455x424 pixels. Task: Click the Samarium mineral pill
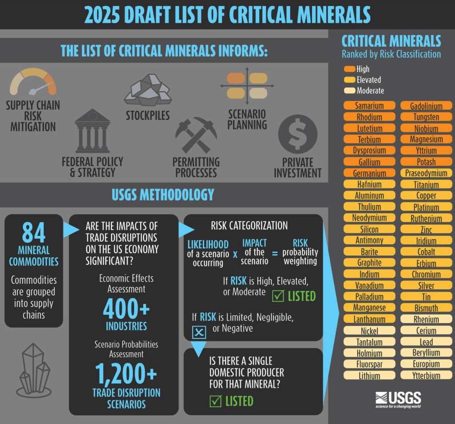coord(369,105)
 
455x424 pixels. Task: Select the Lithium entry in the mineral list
coord(369,376)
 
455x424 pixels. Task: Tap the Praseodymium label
coord(426,173)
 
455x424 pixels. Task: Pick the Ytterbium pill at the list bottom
coord(426,376)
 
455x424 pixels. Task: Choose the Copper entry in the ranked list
coord(426,196)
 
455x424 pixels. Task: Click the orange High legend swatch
coord(349,69)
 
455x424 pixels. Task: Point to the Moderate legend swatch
coord(349,90)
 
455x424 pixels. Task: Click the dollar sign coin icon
coord(298,134)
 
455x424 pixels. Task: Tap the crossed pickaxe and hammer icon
coord(196,135)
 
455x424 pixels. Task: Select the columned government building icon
coord(92,131)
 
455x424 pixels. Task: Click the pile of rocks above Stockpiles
coord(148,90)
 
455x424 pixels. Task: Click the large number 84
coord(34,232)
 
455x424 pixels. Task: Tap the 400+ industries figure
coord(126,309)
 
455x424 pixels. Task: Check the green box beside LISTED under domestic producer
coord(216,401)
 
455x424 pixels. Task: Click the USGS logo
coord(398,400)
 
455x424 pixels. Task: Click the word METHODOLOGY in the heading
coord(177,195)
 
